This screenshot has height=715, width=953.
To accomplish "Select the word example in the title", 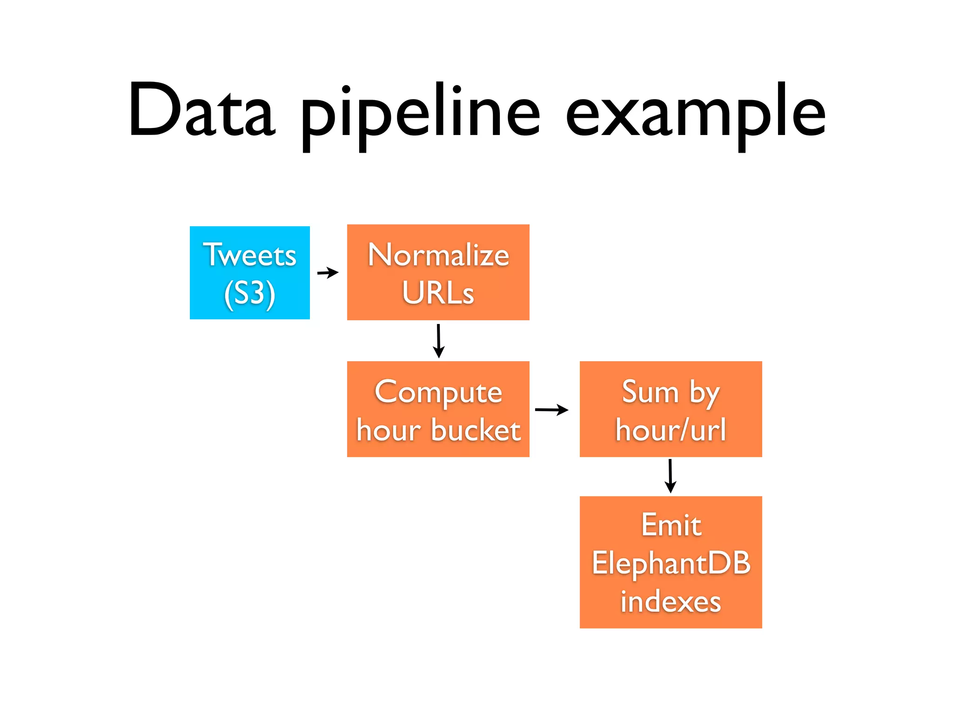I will (x=695, y=114).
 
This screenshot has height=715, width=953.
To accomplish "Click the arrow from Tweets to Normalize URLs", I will (x=328, y=272).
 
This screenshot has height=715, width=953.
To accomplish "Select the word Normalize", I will (x=438, y=255).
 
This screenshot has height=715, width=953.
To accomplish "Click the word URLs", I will (x=438, y=293).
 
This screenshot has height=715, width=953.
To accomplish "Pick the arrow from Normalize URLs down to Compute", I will (x=438, y=341).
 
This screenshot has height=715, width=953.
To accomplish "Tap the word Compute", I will (x=438, y=392).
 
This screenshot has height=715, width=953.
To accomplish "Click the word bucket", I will (x=476, y=430).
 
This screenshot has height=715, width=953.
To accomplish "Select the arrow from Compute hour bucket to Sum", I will (x=551, y=410).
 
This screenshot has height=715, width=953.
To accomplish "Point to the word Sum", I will (x=650, y=392).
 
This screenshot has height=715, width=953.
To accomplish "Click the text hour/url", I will (x=671, y=430).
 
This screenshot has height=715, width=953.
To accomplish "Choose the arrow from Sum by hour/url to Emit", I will (x=670, y=476).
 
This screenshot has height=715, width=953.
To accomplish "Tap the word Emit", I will (x=671, y=525).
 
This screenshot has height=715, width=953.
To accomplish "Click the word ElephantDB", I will (x=671, y=563).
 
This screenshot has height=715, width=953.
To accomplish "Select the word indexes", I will (x=671, y=601).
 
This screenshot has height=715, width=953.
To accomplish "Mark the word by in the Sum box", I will (x=705, y=393).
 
